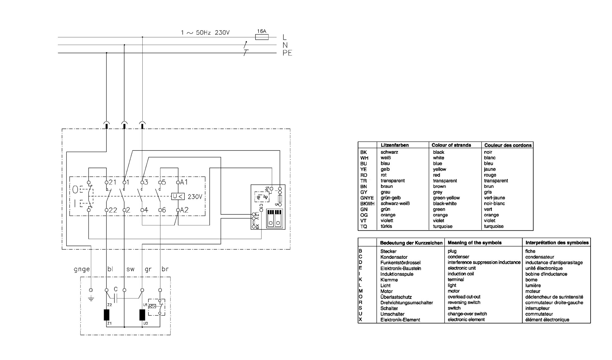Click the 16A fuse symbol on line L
(x=262, y=37)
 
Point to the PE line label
(x=287, y=53)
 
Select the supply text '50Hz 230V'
(x=213, y=32)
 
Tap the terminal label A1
(x=184, y=182)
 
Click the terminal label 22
(x=113, y=210)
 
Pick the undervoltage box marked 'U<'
(x=178, y=196)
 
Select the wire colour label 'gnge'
(x=82, y=269)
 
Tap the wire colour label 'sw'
(x=130, y=269)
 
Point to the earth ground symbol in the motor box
(x=91, y=298)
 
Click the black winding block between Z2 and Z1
(x=106, y=315)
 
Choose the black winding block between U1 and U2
(x=142, y=315)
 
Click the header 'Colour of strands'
(x=451, y=145)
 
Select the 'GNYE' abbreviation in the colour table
(x=367, y=198)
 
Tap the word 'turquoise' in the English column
(x=442, y=226)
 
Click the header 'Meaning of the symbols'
(x=475, y=243)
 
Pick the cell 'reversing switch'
(x=464, y=302)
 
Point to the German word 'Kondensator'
(x=394, y=257)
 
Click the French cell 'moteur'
(x=533, y=291)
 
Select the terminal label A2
(x=184, y=210)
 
